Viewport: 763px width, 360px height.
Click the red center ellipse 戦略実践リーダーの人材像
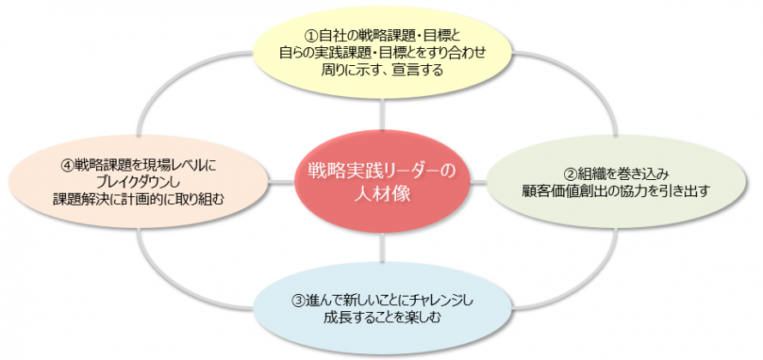(x=382, y=182)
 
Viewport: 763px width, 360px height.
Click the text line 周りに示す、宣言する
(x=382, y=70)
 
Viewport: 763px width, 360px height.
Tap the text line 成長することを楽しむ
(x=381, y=319)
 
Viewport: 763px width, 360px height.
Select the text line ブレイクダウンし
(x=138, y=183)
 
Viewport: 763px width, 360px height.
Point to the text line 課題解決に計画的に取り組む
(x=138, y=200)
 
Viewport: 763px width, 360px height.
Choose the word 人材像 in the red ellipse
(x=382, y=194)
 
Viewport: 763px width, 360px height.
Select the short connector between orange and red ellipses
(x=281, y=183)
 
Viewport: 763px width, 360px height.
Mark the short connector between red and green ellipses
(x=478, y=182)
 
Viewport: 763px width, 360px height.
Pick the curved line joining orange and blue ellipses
(x=165, y=287)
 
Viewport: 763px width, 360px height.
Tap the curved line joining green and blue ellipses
(x=592, y=287)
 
